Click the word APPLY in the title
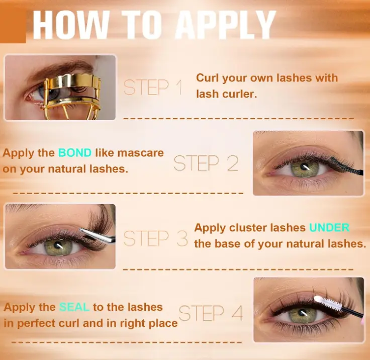pyautogui.click(x=225, y=25)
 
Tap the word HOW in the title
pyautogui.click(x=70, y=25)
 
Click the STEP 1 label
pyautogui.click(x=153, y=87)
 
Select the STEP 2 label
pyautogui.click(x=206, y=163)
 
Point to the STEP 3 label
pyautogui.click(x=156, y=238)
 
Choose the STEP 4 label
pyautogui.click(x=211, y=313)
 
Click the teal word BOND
pyautogui.click(x=75, y=153)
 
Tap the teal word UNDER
pyautogui.click(x=329, y=228)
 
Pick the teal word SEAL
pyautogui.click(x=74, y=307)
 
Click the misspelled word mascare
pyautogui.click(x=140, y=153)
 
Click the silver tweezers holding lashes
pyautogui.click(x=98, y=235)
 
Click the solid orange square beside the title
pyautogui.click(x=13, y=27)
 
